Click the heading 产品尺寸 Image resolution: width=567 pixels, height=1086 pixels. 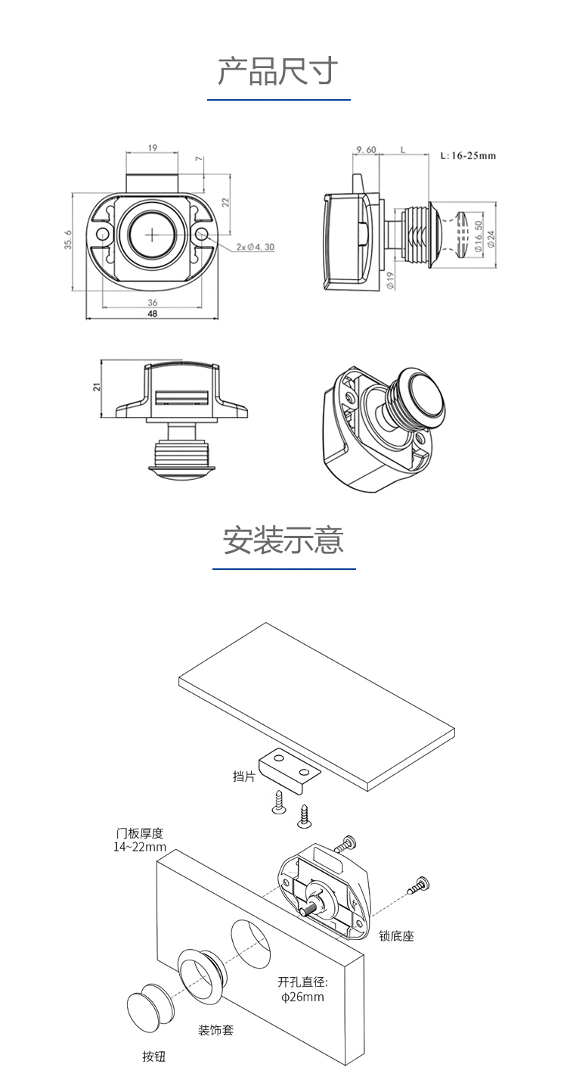tap(277, 72)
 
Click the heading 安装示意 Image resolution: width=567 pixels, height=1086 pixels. tap(283, 540)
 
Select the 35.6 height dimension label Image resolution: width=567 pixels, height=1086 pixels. tap(68, 241)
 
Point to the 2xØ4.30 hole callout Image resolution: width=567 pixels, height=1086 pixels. tap(255, 247)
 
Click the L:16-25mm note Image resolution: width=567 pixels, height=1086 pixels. tap(468, 156)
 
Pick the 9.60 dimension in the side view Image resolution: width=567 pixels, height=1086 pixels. tap(366, 150)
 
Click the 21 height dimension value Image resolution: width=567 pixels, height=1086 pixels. tap(96, 387)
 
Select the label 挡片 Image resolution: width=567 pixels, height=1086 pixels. tap(243, 776)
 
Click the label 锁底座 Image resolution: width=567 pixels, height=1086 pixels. tap(397, 936)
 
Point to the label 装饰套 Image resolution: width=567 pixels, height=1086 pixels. tap(215, 1030)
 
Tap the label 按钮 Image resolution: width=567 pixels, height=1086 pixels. tap(154, 1056)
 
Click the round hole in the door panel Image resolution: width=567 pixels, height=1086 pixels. tap(250, 942)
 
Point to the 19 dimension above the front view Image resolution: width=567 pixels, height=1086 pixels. tap(153, 148)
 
